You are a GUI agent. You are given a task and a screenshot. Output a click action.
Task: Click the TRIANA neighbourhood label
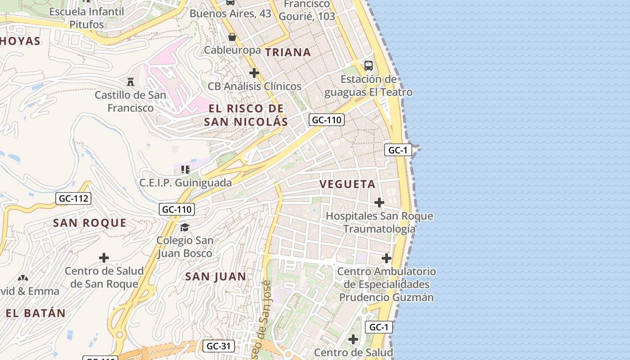click(x=288, y=52)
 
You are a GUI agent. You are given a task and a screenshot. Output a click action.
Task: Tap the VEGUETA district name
click(x=347, y=184)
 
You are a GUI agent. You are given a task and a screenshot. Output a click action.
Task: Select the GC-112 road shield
click(x=74, y=198)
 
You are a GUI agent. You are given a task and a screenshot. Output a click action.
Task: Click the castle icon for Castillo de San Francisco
click(x=130, y=82)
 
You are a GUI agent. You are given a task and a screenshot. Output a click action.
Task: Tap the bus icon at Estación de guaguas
click(x=369, y=65)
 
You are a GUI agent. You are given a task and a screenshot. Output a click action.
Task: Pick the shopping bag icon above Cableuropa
click(x=232, y=37)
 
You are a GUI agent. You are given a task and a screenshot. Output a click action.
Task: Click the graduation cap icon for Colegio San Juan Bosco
click(x=185, y=227)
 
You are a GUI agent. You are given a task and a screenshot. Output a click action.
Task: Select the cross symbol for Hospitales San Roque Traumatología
click(x=379, y=202)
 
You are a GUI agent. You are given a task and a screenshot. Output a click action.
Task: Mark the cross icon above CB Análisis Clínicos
click(x=254, y=72)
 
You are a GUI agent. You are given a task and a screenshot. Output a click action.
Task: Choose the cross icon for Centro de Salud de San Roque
click(x=104, y=258)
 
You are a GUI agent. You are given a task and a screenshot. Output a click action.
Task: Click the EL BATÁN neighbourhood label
click(x=36, y=313)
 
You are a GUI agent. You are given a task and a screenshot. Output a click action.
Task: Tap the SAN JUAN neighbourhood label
click(x=216, y=277)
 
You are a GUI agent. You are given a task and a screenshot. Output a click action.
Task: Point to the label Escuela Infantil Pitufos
click(x=86, y=18)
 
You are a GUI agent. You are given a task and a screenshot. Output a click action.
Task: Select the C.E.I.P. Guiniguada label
click(x=185, y=183)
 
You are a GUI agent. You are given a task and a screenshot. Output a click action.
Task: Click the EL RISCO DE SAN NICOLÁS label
click(x=246, y=115)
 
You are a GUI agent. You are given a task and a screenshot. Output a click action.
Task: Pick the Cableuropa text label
click(x=232, y=50)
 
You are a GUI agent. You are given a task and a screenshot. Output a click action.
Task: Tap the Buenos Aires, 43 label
click(x=230, y=13)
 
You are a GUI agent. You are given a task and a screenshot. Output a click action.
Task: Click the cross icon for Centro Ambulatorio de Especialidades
click(x=387, y=258)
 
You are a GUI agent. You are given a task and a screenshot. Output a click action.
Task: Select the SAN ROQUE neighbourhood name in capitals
click(x=90, y=223)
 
